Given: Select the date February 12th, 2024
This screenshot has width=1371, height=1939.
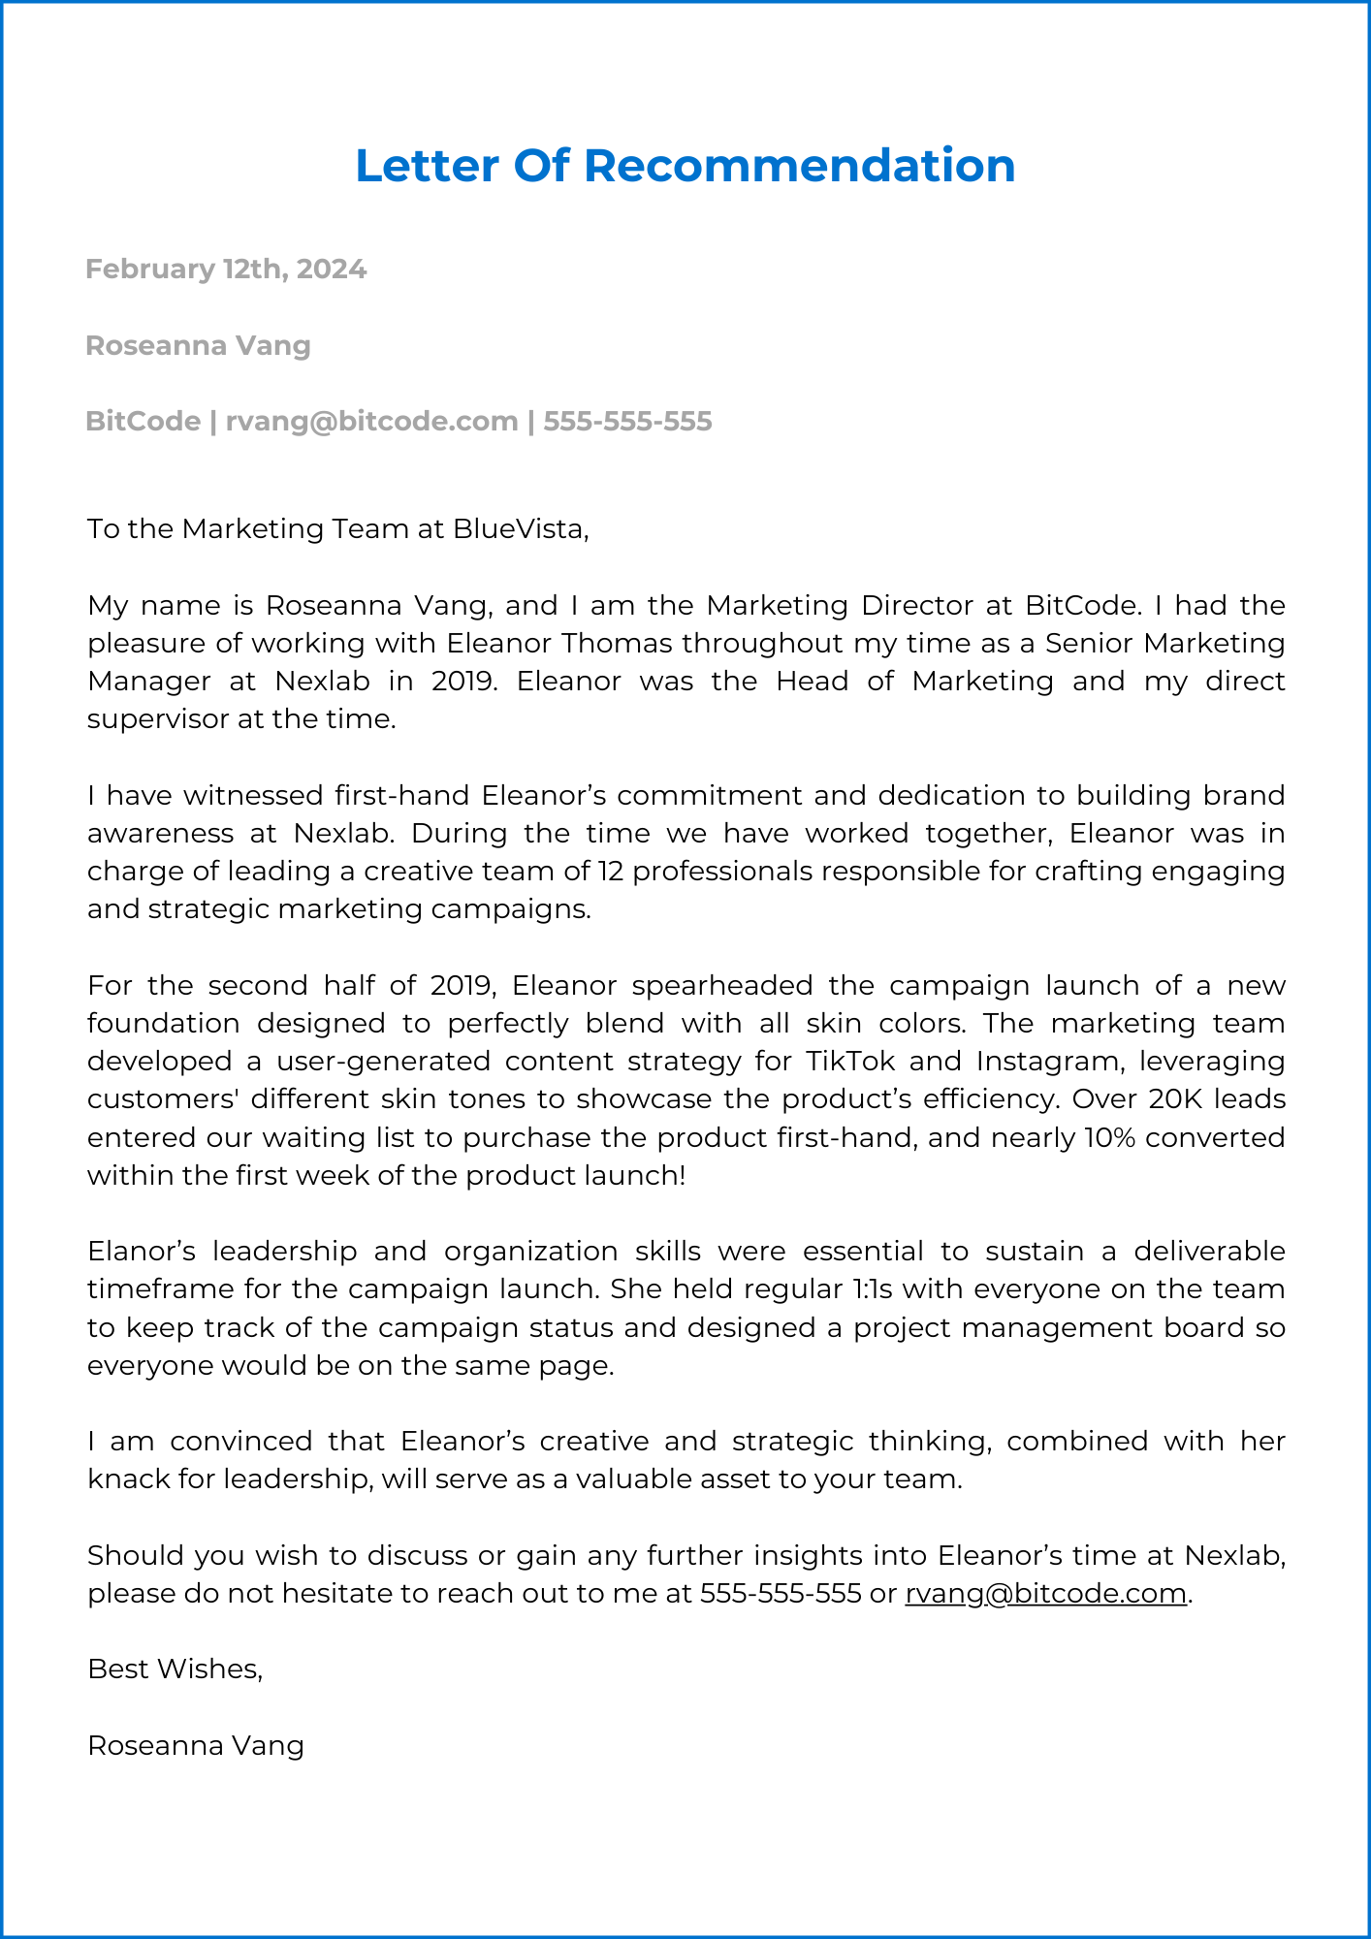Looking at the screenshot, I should (226, 269).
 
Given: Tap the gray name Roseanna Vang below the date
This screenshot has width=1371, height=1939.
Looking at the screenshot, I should (198, 345).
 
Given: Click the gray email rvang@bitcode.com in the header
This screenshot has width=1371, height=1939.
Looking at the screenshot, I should (371, 421).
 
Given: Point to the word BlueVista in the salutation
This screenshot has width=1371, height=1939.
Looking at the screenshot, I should (519, 528).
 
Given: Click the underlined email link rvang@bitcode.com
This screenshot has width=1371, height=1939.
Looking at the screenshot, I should (1045, 1593).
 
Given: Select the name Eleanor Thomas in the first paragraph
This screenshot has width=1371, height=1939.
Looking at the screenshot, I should (559, 643).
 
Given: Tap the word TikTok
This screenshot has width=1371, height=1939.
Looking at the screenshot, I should (850, 1061).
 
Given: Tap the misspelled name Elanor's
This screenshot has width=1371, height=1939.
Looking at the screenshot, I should (142, 1251).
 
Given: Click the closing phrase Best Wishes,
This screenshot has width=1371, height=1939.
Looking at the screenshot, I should (175, 1669).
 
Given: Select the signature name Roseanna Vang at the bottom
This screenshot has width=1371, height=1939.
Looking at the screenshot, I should (196, 1745).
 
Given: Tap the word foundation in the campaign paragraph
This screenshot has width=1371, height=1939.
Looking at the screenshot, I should (163, 1023).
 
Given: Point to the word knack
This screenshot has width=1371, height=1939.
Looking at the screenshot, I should (128, 1479).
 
